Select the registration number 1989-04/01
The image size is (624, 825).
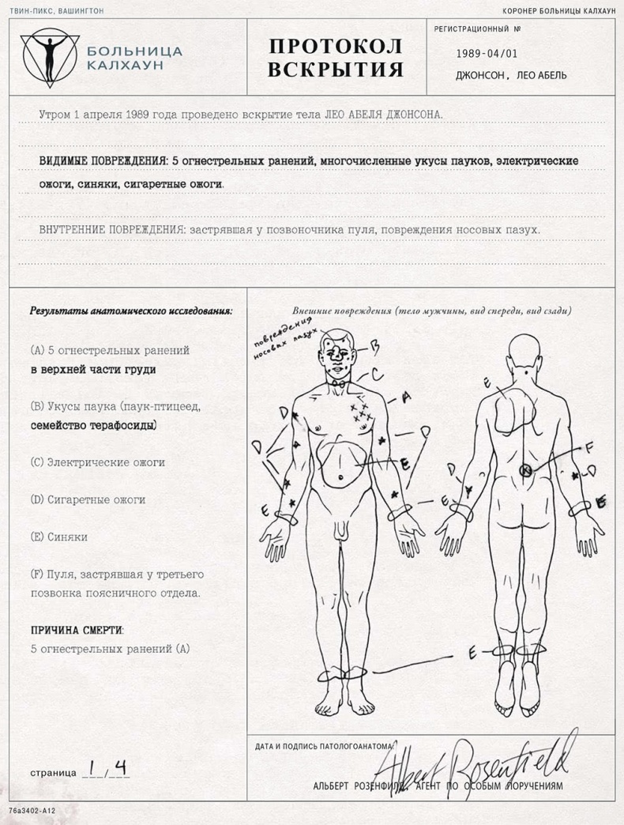coord(487,54)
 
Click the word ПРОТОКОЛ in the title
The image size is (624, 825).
coord(336,46)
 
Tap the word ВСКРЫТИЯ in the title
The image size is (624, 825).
coord(336,71)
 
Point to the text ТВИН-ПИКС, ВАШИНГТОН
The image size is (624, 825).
coord(56,11)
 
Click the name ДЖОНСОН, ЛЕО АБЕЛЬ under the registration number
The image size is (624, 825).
coord(510,76)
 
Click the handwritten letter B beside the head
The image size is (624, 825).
coord(375,345)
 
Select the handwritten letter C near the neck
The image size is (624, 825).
coord(378,371)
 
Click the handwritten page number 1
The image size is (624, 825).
coord(93,768)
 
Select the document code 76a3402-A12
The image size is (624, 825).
coord(33,811)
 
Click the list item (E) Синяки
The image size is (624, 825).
coord(58,537)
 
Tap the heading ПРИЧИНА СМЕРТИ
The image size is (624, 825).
coord(77,631)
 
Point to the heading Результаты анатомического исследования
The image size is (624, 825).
coord(131,311)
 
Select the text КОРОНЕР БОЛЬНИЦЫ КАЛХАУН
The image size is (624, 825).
coord(558,11)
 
